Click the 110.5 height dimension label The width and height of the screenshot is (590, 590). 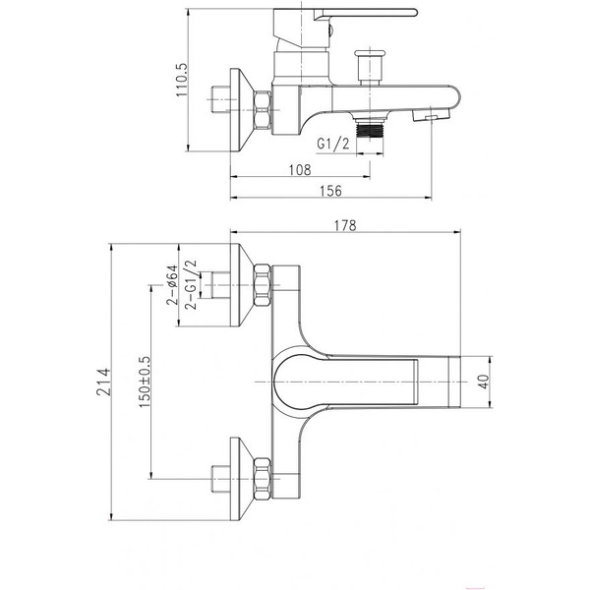click(x=182, y=80)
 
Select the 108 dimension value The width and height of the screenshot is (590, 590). click(x=300, y=170)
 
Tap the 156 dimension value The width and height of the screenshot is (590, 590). click(x=331, y=191)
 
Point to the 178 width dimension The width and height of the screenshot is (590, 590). click(x=345, y=225)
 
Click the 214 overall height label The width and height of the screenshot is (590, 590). click(x=104, y=382)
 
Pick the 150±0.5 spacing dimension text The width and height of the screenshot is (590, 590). click(x=145, y=382)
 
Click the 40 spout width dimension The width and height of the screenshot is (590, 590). click(x=484, y=382)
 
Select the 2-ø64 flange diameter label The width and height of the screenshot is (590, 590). click(x=171, y=284)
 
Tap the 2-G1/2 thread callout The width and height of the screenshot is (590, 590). click(x=191, y=284)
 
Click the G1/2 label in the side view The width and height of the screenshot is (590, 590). click(x=333, y=144)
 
